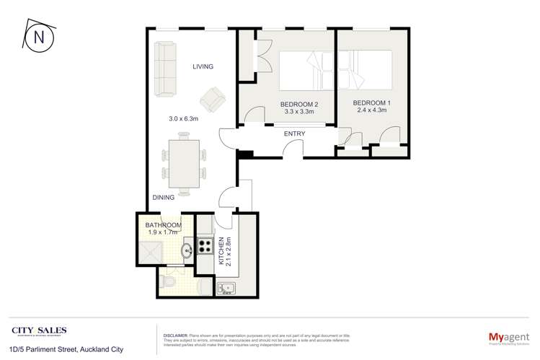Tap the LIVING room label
point(203,67)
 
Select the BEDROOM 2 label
point(298,104)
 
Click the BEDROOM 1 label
point(372,104)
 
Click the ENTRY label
point(294,133)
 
